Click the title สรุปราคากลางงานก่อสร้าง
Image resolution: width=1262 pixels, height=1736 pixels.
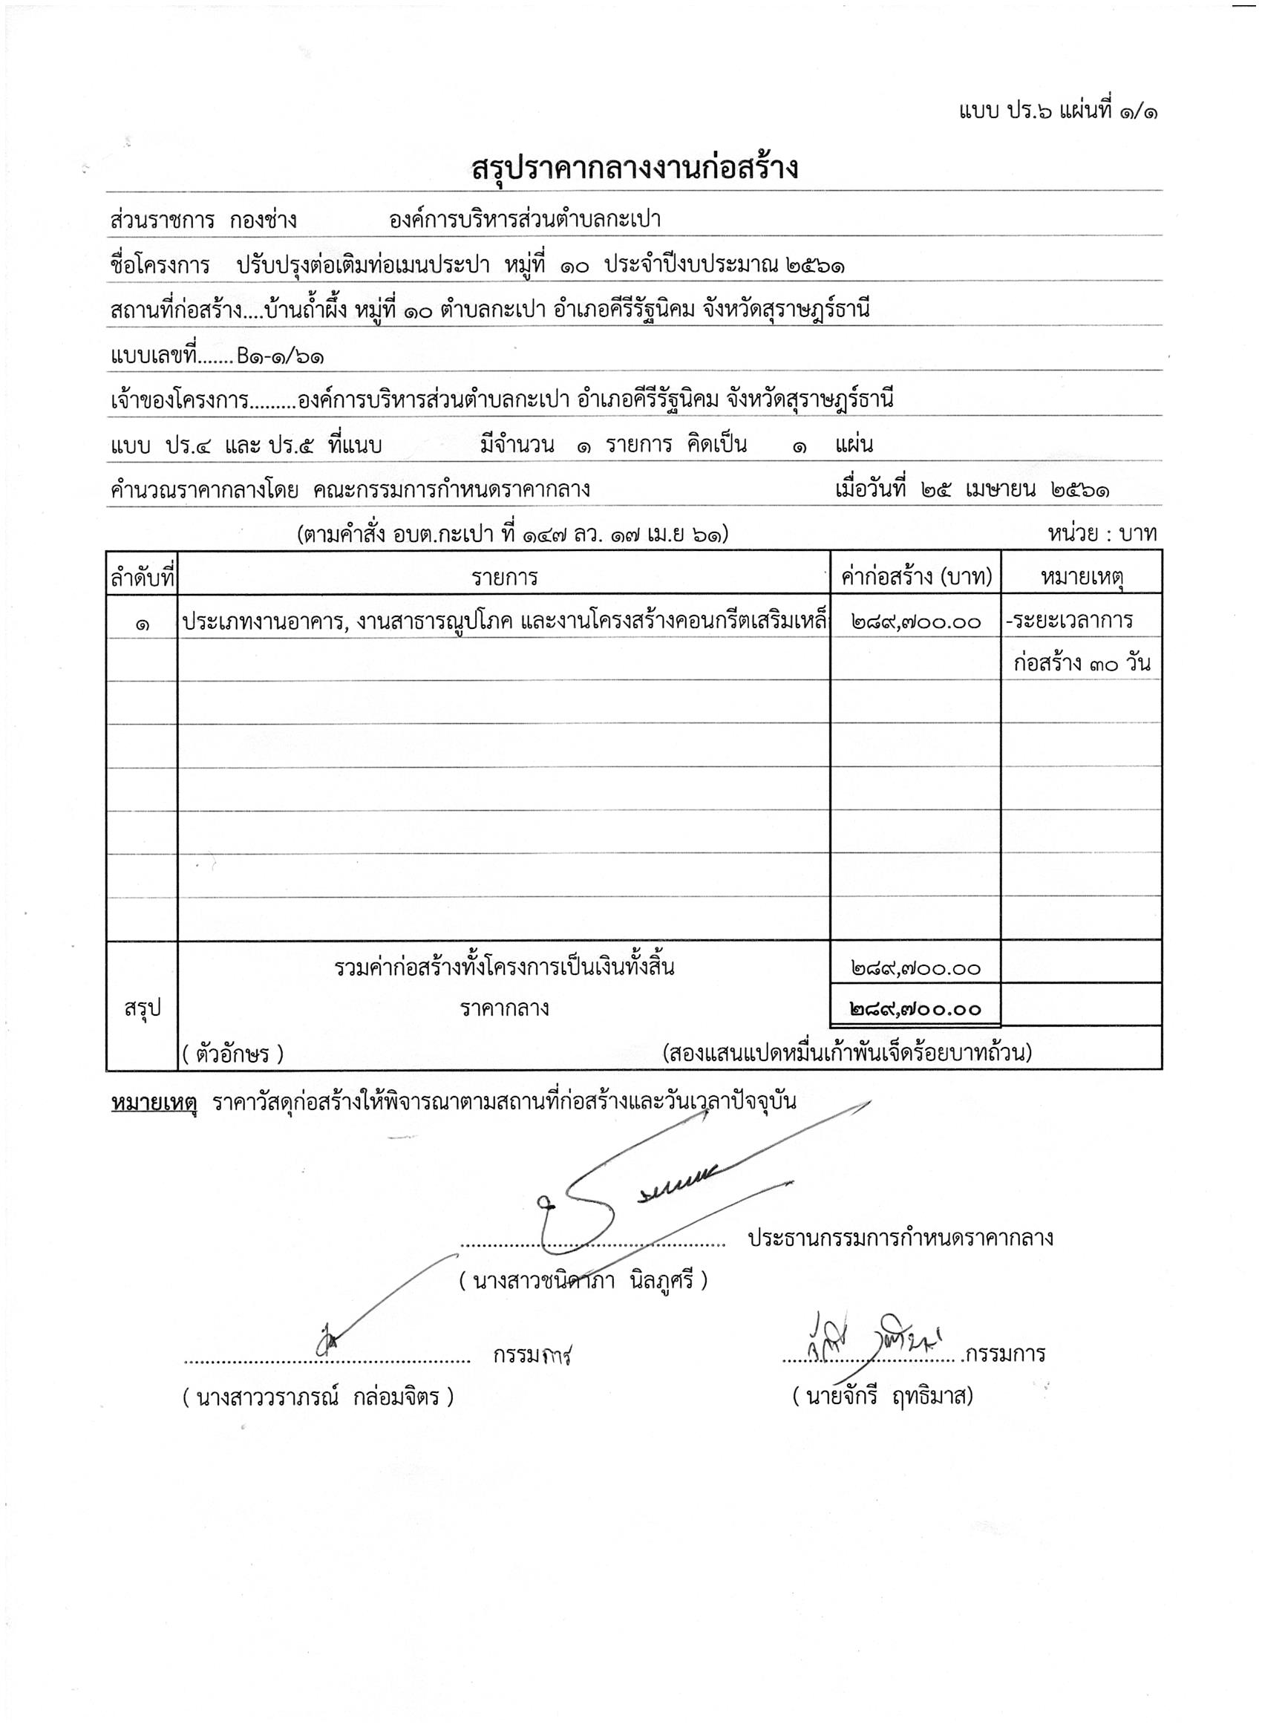[635, 168]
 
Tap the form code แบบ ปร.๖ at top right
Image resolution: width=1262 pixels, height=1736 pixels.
[1006, 112]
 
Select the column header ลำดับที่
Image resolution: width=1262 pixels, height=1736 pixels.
[143, 578]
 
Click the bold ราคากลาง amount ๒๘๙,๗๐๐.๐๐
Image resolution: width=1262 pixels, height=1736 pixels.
[915, 1010]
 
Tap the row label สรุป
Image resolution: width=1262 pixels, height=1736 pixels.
[143, 1009]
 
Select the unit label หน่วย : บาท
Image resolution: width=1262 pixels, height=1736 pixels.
[1102, 534]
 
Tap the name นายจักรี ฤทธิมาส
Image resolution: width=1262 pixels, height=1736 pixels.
[883, 1396]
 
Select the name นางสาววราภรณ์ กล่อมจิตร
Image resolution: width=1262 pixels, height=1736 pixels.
[318, 1397]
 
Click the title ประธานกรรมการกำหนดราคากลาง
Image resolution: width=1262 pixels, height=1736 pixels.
[900, 1238]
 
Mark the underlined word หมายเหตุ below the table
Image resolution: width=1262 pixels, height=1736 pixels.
[154, 1102]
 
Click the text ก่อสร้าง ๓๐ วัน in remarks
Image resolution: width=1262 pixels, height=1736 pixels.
[1082, 663]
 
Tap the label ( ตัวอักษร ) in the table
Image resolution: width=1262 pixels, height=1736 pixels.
[232, 1055]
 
